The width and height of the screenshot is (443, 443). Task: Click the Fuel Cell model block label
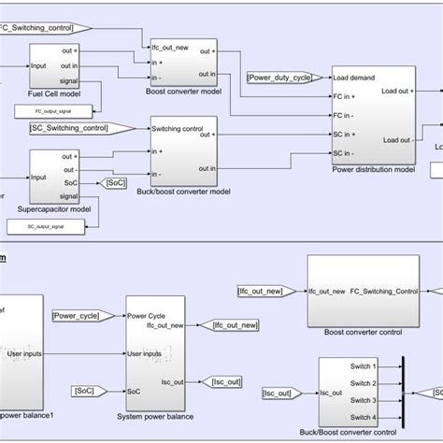[53, 93]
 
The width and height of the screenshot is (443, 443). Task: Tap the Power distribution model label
[372, 170]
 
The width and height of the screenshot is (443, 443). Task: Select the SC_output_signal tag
[40, 225]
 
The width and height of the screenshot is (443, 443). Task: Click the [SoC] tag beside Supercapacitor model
[116, 183]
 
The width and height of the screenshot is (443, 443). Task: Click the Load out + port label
[397, 91]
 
